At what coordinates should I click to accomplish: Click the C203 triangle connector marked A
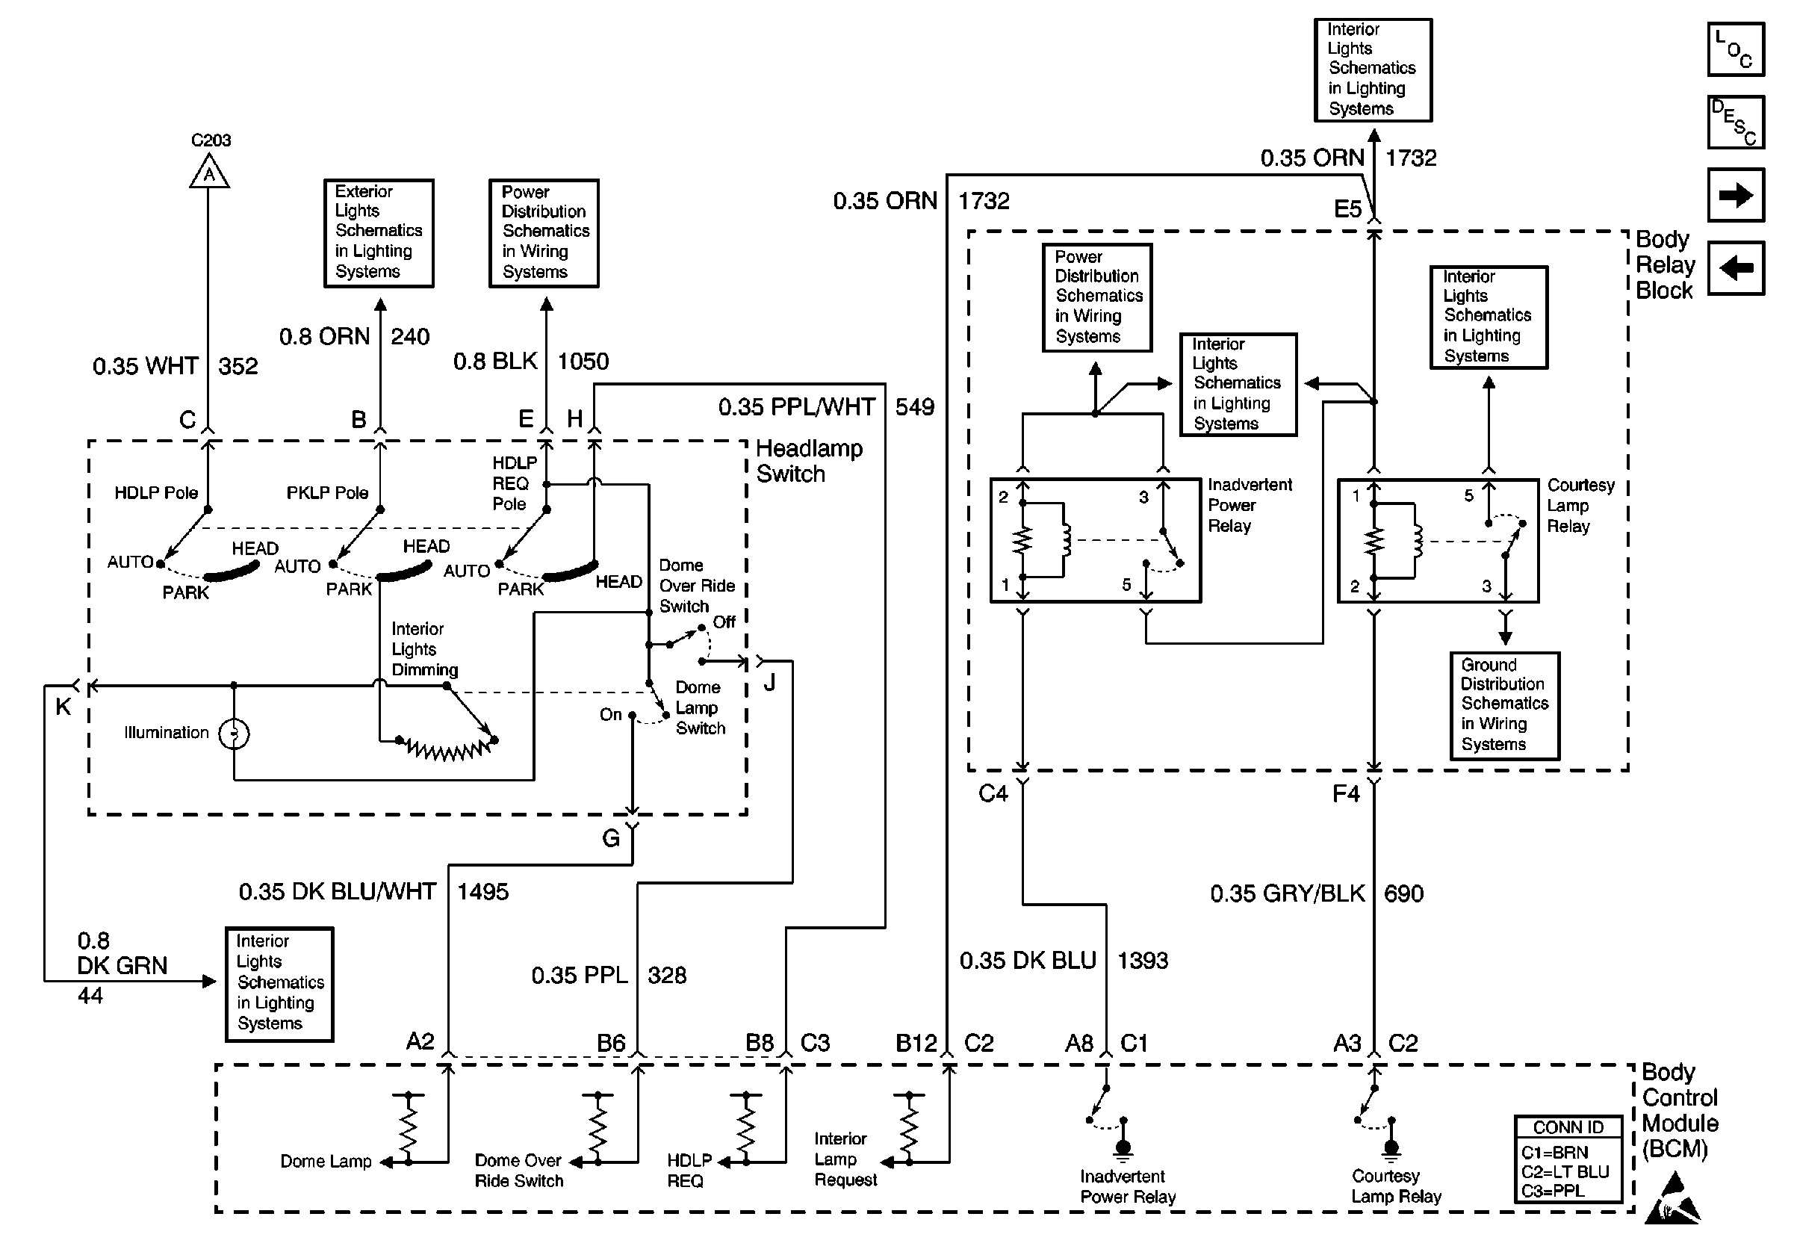point(208,173)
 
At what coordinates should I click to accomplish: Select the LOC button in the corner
point(1736,49)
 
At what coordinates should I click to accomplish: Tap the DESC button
point(1736,122)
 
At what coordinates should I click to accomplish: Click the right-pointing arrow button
point(1736,194)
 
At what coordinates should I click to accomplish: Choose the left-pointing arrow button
point(1736,268)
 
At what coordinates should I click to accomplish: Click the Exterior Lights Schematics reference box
point(379,233)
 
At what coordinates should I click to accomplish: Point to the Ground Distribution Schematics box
point(1504,706)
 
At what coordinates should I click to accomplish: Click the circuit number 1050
point(583,361)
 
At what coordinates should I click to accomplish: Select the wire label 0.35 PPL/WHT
point(796,406)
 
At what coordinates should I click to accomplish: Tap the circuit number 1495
point(483,891)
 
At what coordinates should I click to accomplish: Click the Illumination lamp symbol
point(234,734)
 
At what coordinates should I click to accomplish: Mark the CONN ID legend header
point(1568,1127)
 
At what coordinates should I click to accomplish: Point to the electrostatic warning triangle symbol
point(1673,1200)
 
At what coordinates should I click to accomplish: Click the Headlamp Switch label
point(809,461)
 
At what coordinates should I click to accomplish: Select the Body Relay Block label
point(1665,265)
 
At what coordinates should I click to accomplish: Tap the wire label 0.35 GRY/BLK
point(1287,893)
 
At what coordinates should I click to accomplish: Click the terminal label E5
point(1347,208)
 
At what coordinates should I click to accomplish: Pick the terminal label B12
point(916,1043)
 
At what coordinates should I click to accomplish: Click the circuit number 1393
point(1142,960)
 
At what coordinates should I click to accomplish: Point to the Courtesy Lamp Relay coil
point(1416,541)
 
